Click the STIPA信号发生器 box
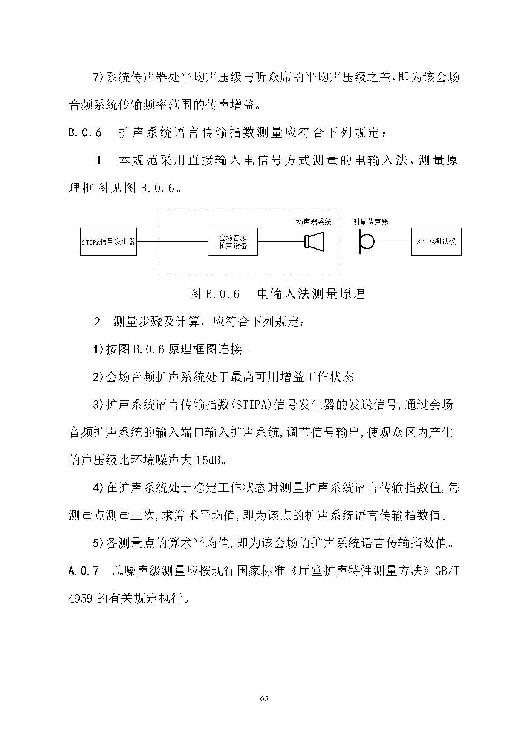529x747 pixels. [108, 242]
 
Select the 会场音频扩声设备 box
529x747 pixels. [233, 242]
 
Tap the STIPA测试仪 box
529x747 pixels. [436, 242]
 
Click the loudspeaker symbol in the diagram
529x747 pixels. [315, 241]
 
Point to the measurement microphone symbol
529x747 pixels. [366, 242]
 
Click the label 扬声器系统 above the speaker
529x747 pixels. [314, 222]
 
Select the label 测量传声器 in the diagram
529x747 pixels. [370, 222]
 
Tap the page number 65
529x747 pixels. [264, 698]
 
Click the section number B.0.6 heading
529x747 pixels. [85, 133]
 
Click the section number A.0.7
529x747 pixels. [84, 571]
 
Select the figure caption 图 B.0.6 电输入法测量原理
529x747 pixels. [277, 294]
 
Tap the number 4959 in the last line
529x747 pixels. [80, 598]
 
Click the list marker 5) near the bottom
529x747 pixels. [99, 543]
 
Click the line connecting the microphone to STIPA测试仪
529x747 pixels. [392, 241]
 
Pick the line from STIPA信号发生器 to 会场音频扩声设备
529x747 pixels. [172, 242]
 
